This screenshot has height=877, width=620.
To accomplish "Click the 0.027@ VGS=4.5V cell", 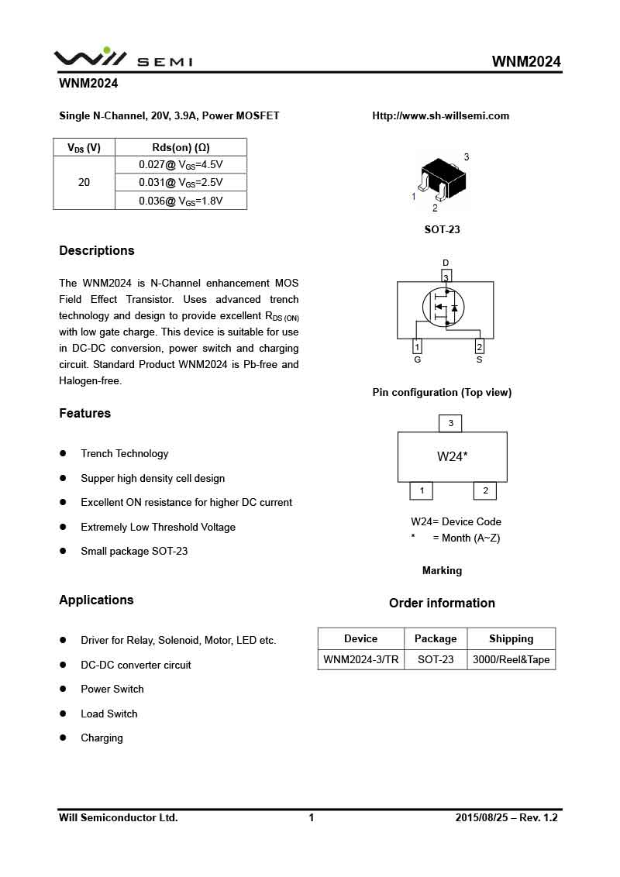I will (x=181, y=164).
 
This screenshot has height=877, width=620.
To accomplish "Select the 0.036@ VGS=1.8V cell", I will (x=181, y=201).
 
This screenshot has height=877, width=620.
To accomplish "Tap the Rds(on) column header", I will (x=181, y=147).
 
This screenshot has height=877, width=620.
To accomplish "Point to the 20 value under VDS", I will (x=84, y=182).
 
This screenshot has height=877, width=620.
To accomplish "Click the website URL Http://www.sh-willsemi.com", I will (x=440, y=115).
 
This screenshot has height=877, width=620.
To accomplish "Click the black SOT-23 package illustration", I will (x=442, y=177).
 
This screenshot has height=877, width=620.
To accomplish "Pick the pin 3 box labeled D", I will (x=446, y=277).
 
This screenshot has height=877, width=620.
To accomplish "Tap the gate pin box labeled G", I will (x=418, y=346).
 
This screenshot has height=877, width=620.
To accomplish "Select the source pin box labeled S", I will (x=479, y=346).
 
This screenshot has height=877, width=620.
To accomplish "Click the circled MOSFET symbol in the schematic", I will (x=442, y=308).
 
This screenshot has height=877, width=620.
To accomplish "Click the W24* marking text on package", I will (x=452, y=456).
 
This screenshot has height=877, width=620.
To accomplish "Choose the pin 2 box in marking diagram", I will (x=485, y=490).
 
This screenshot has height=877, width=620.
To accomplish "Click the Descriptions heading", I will (x=97, y=250).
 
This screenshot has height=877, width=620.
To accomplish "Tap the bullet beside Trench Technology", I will (x=63, y=453).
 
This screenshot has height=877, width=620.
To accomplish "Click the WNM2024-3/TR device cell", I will (x=360, y=659).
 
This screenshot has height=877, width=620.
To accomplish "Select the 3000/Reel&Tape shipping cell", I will (x=511, y=659).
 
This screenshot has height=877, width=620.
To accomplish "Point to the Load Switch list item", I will (x=108, y=714).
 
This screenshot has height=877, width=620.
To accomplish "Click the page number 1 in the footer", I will (x=312, y=817).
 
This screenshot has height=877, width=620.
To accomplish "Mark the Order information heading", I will (x=442, y=603).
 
